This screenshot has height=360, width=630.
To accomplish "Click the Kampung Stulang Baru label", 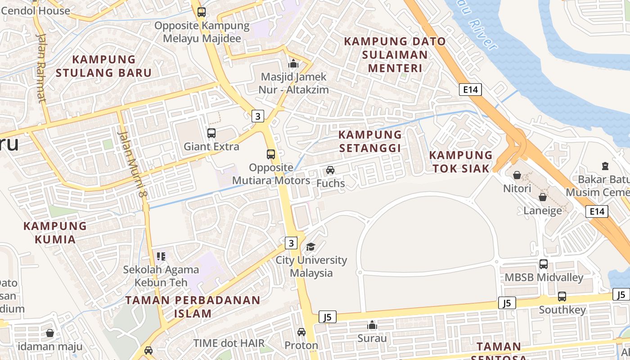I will tap(104, 66).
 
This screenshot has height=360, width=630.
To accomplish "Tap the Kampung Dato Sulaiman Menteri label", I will tap(395, 55).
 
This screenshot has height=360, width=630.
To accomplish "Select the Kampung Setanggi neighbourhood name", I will tap(370, 141).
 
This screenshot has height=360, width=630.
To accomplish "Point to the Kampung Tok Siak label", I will tap(461, 162).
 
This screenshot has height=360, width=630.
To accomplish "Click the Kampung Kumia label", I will tap(55, 232).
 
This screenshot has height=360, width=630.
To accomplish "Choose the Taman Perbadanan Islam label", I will tap(193, 307).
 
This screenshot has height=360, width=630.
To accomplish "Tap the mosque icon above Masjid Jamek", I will tap(293, 64).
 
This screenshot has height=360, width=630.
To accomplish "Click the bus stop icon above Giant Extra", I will tap(211, 133).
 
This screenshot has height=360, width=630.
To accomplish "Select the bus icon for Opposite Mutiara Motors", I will tap(271, 154).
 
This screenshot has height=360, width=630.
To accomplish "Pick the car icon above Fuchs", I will tap(330, 170).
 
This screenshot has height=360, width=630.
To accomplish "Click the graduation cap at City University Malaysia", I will tap(310, 247).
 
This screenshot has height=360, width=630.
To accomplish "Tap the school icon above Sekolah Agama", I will tap(161, 256).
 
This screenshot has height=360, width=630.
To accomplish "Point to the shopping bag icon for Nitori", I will tap(517, 175).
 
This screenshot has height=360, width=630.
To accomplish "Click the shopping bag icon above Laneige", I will tap(543, 197).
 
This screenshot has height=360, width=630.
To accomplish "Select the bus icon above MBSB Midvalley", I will tap(544, 264).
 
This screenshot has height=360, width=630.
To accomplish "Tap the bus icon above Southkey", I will tap(562, 297).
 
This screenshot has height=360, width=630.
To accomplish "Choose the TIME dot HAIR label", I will tap(229, 343).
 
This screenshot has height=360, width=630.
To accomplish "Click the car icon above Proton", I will tap(301, 332).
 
